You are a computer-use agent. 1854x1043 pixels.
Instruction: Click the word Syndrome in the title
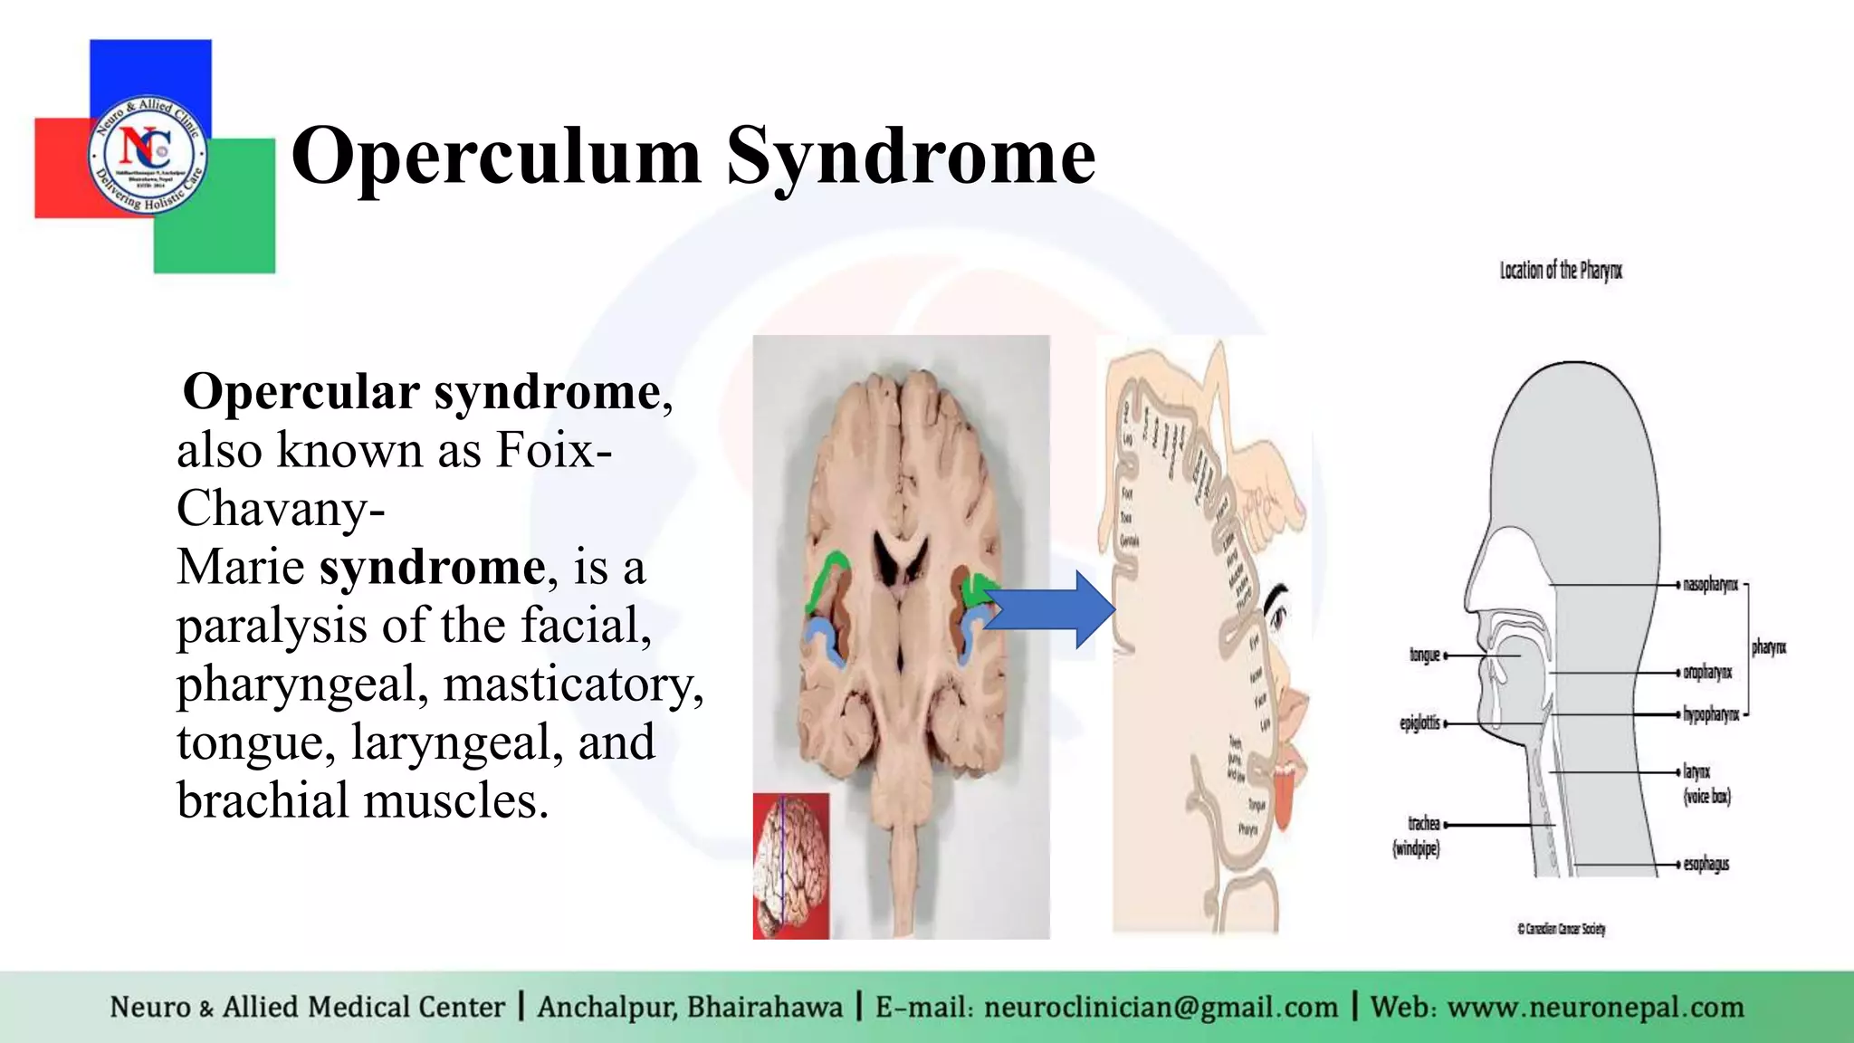tap(911, 156)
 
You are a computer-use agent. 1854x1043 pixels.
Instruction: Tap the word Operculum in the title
tap(496, 156)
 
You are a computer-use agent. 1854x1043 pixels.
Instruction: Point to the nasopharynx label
tap(1709, 585)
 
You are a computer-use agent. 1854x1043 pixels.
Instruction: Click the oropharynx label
tap(1706, 673)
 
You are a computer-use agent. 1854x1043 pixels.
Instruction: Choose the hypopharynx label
tap(1710, 714)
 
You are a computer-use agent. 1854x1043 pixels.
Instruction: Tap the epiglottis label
tap(1419, 722)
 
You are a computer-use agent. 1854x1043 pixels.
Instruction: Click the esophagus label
tap(1706, 864)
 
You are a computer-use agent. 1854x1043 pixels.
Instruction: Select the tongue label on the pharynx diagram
tap(1424, 655)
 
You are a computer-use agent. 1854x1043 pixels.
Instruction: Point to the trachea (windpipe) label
tap(1418, 835)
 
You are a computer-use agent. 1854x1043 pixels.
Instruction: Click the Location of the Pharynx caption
tap(1561, 270)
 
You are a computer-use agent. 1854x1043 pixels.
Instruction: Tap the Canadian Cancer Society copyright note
tap(1561, 929)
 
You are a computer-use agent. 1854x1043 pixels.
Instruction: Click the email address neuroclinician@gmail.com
tap(1161, 1007)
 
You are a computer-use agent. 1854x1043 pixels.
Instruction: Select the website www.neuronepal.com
tap(1595, 1007)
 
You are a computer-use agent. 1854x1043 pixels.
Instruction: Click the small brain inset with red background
tap(791, 866)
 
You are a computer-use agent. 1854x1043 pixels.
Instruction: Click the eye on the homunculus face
tap(1277, 617)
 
